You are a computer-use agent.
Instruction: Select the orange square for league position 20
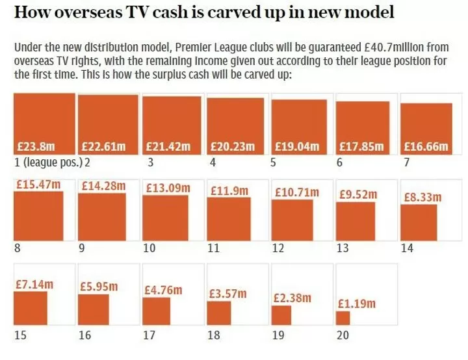pyautogui.click(x=343, y=318)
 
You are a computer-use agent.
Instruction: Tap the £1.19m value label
pyautogui.click(x=356, y=303)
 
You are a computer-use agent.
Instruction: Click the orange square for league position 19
pyautogui.click(x=281, y=315)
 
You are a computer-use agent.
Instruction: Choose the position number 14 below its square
pyautogui.click(x=408, y=248)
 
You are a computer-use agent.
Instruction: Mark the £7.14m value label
pyautogui.click(x=33, y=284)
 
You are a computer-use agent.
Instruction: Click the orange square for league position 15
pyautogui.click(x=31, y=308)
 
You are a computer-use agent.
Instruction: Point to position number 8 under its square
pyautogui.click(x=16, y=248)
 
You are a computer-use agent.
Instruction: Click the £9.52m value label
pyautogui.click(x=357, y=193)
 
